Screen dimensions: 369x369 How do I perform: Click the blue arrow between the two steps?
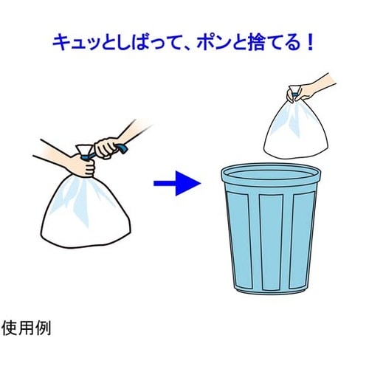(177, 183)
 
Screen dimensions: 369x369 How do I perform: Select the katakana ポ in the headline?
(207, 43)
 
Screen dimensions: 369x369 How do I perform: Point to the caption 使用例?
(26, 328)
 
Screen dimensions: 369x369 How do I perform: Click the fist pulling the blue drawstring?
(106, 148)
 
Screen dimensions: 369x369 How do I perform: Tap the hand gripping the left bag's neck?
(84, 165)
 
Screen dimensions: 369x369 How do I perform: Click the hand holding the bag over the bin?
(302, 92)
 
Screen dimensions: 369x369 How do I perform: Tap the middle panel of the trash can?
(271, 242)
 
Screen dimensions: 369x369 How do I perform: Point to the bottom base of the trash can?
(271, 290)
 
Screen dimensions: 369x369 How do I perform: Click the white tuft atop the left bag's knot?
(83, 150)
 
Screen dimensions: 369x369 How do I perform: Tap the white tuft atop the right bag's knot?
(295, 89)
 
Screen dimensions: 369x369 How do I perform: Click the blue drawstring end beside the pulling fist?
(123, 149)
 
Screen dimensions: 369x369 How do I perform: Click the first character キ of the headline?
(61, 43)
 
